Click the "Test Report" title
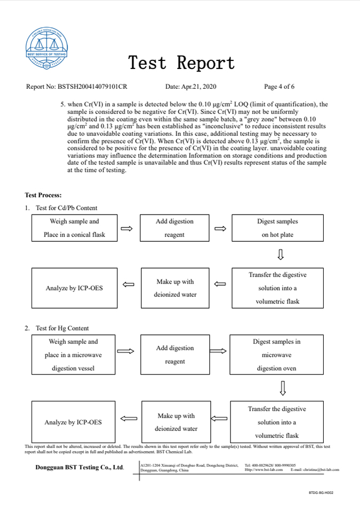tap(181, 63)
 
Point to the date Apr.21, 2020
tap(191, 87)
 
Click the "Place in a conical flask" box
tap(74, 228)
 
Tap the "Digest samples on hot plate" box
tap(277, 228)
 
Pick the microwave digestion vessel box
tap(74, 355)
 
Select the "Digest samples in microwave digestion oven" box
tap(277, 355)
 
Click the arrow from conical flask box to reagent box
tap(127, 228)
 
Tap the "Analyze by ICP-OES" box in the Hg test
tap(73, 422)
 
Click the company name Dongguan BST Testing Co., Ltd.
tap(80, 467)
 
